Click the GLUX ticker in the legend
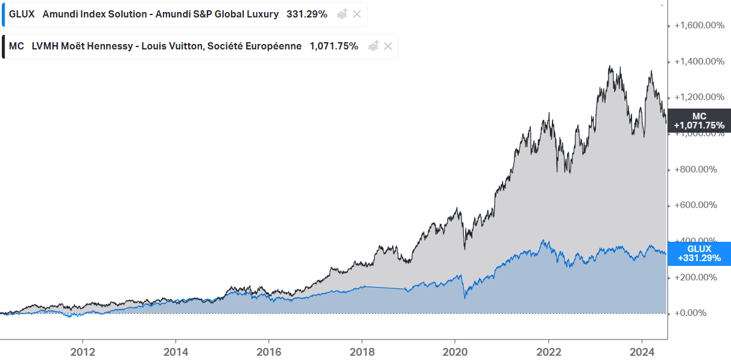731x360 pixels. (22, 14)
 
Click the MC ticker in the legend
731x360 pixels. (16, 46)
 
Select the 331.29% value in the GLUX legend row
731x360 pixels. (306, 14)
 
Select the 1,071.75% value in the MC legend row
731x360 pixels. (334, 46)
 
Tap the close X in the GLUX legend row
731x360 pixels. (357, 14)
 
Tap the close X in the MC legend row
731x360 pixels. (388, 46)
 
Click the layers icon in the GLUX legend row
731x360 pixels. (342, 14)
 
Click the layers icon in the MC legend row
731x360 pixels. (373, 46)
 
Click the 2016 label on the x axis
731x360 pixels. (268, 351)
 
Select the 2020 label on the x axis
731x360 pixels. (455, 351)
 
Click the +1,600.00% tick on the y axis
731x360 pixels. (699, 25)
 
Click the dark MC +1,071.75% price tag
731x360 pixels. (698, 121)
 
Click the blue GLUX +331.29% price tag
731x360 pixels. (698, 253)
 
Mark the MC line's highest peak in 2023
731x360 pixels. (610, 67)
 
